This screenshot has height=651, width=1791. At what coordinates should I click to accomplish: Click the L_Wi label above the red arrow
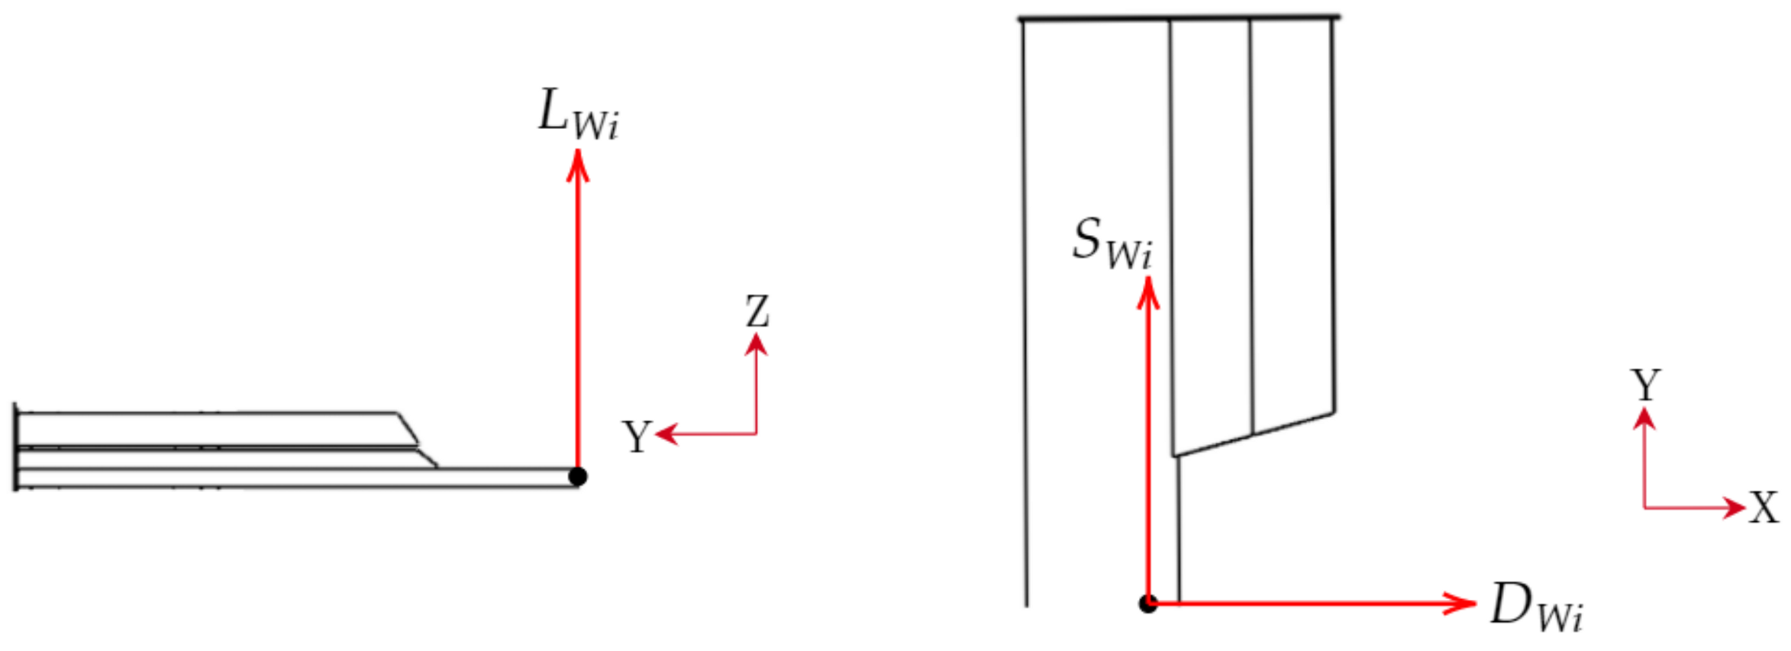pyautogui.click(x=578, y=114)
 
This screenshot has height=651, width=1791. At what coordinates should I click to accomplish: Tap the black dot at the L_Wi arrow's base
pyautogui.click(x=578, y=477)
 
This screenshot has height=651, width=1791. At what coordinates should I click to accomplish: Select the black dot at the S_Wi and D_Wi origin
pyautogui.click(x=1148, y=604)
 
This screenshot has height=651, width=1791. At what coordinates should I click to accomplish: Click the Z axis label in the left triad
pyautogui.click(x=757, y=312)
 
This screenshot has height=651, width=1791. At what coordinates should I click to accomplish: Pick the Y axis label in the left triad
pyautogui.click(x=637, y=437)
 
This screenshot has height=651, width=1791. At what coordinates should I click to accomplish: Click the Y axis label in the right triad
pyautogui.click(x=1645, y=385)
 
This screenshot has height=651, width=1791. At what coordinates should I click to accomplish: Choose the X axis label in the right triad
pyautogui.click(x=1764, y=508)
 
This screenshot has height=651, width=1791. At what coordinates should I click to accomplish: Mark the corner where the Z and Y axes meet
pyautogui.click(x=756, y=434)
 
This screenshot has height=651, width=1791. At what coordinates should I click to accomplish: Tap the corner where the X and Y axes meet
pyautogui.click(x=1644, y=508)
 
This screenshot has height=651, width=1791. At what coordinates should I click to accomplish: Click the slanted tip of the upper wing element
pyautogui.click(x=408, y=428)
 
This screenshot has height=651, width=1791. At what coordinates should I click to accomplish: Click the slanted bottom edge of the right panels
pyautogui.click(x=1253, y=435)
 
